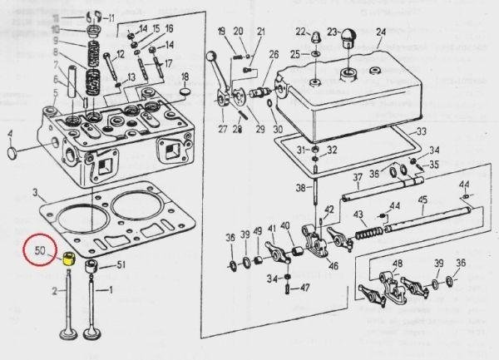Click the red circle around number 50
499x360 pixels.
tap(42, 249)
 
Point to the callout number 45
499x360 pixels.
tap(422, 200)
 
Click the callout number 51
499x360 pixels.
tap(120, 265)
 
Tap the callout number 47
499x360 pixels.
tap(305, 288)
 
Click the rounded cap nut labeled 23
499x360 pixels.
tap(346, 37)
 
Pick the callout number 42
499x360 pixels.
tap(330, 209)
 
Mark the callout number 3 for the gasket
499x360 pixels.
tap(36, 192)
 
